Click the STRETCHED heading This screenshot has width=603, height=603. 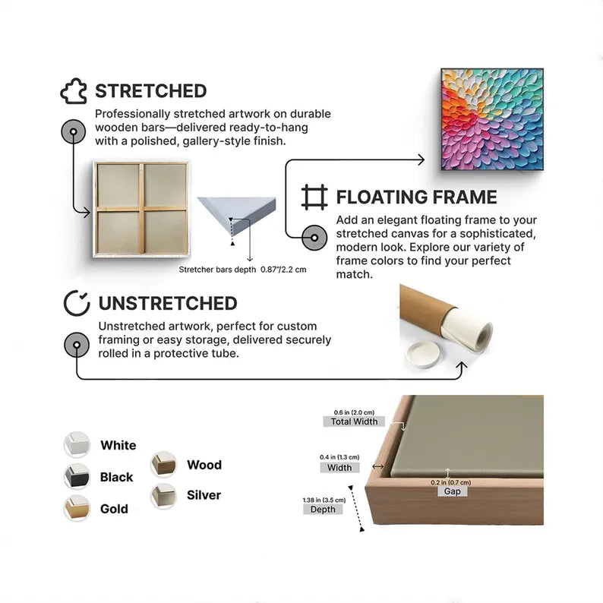coord(150,91)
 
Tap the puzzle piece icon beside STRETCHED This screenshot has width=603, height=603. coord(74,91)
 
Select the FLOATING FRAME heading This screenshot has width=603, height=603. coord(416,197)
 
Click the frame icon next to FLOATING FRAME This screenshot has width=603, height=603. coord(314,197)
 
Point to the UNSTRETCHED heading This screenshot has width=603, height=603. coord(168,304)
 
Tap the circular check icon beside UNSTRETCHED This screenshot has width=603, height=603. coord(77,303)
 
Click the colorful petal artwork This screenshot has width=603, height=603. coord(492,119)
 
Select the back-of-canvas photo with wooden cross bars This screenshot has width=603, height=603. coord(141,209)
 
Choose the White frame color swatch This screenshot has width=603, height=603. coord(77,444)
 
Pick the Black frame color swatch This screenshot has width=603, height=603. coord(77,476)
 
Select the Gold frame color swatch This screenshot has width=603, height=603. coord(77,508)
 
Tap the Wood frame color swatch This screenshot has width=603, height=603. coord(163,464)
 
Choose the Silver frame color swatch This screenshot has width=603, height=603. coord(163,496)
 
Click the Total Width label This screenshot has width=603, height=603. coord(354,421)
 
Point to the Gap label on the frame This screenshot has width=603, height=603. coord(453,491)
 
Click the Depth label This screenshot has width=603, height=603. coord(323,509)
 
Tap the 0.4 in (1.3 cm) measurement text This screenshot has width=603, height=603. coord(339,457)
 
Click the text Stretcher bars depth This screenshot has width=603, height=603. coord(217,270)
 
